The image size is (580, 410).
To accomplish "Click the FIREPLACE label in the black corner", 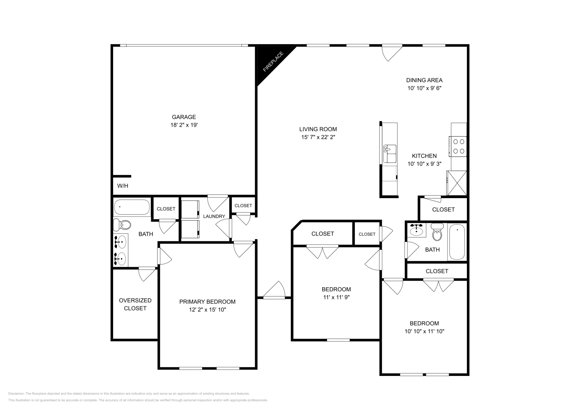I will click(273, 62).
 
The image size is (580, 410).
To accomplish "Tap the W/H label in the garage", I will click(123, 186).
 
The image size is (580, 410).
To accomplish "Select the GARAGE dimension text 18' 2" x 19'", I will click(184, 125).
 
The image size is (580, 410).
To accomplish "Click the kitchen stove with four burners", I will click(458, 146).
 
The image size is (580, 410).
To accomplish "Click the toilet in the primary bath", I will click(122, 225).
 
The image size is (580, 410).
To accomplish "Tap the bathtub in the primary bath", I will click(132, 208).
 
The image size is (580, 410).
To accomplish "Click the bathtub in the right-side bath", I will click(457, 242).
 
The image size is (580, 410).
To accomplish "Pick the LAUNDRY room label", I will click(214, 217).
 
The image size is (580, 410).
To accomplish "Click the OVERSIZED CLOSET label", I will click(135, 304).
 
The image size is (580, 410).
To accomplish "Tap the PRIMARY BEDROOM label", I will click(207, 302).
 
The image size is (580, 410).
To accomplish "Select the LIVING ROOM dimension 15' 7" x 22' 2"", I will click(318, 137).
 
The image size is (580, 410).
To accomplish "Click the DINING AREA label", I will click(424, 80).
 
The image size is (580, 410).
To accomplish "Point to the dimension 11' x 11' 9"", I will click(336, 297).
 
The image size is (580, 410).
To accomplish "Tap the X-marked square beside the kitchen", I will click(456, 183).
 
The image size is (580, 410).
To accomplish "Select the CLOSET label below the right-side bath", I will click(437, 271).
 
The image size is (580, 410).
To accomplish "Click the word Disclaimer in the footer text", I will click(16, 393).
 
